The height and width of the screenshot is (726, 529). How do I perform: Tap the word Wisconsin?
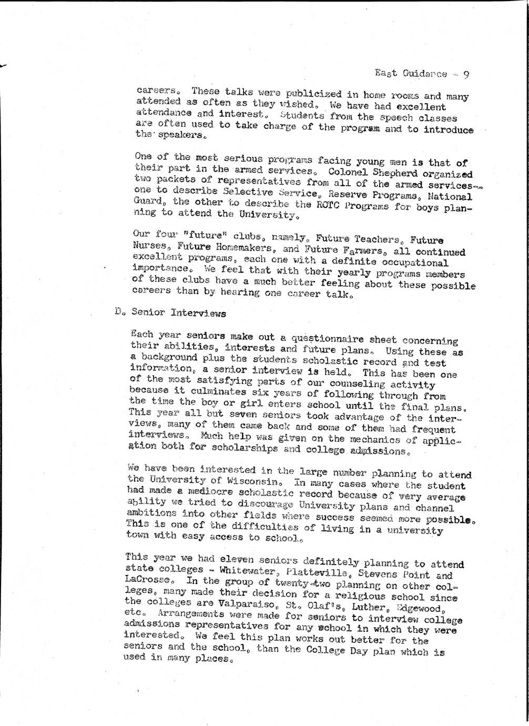coord(247,481)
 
